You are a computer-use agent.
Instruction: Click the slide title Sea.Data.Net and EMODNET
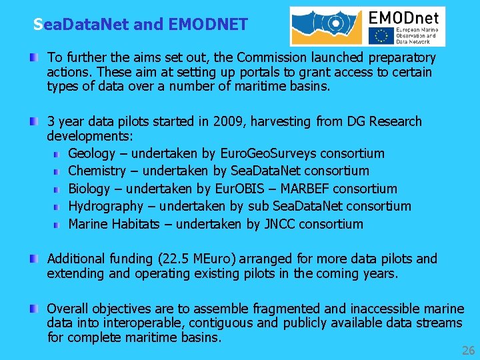(x=141, y=25)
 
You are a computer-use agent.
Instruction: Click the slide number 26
(x=468, y=351)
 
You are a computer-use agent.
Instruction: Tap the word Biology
(x=89, y=189)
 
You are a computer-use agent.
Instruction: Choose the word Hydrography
(x=105, y=206)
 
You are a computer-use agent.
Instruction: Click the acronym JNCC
(x=279, y=224)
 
